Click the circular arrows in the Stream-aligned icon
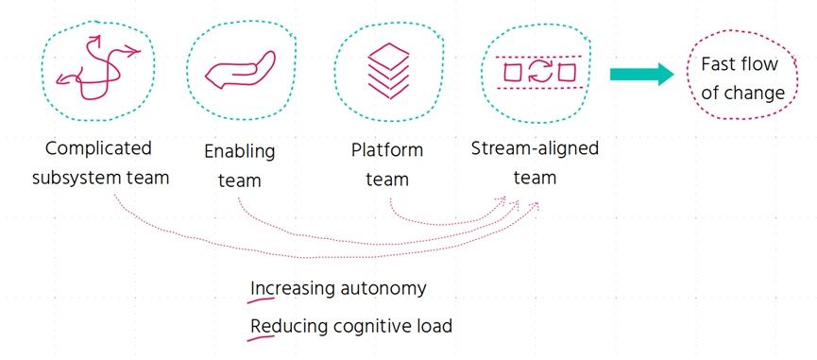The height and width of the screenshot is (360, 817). click(539, 72)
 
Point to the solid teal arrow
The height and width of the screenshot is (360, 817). click(640, 75)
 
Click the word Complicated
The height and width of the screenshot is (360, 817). click(98, 148)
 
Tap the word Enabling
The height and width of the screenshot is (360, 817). click(239, 151)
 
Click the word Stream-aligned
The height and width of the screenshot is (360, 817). click(535, 148)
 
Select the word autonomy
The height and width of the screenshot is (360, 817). click(381, 288)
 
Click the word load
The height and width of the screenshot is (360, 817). click(433, 326)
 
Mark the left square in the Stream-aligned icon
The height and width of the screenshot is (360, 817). click(513, 72)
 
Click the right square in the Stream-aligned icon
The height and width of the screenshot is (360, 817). click(567, 72)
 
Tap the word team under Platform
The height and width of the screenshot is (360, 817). click(387, 178)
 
